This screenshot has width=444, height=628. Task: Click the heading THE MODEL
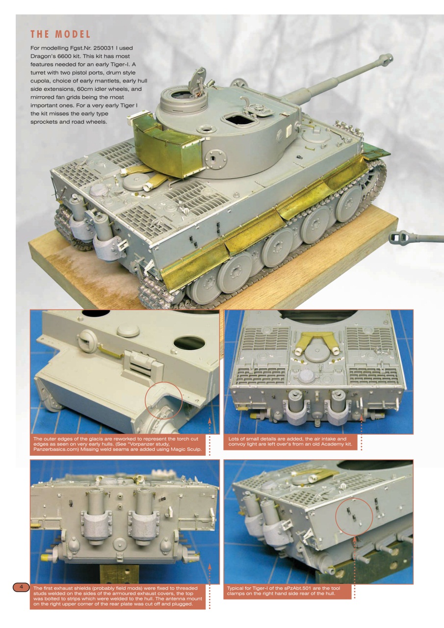pos(60,35)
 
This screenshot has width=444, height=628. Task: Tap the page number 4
pos(21,587)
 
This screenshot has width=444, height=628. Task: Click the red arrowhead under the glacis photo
pos(209,419)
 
